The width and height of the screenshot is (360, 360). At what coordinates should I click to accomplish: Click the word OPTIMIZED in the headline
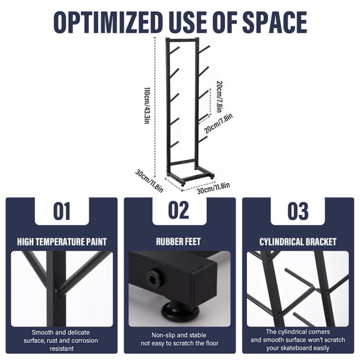tap(108, 22)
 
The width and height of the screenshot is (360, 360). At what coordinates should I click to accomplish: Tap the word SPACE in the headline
tap(275, 22)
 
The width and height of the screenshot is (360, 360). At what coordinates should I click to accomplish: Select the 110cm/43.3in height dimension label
tap(147, 106)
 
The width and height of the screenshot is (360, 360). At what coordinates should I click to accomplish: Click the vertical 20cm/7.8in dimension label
tap(219, 97)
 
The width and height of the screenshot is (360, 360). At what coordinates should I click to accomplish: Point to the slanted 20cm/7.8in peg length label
tap(218, 123)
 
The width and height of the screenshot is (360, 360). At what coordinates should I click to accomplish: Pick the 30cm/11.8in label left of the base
tap(149, 181)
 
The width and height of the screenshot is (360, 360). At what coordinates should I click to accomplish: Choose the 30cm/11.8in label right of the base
tap(213, 187)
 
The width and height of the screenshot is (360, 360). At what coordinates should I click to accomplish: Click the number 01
tap(62, 211)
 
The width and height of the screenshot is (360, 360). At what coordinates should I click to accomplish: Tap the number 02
tap(179, 210)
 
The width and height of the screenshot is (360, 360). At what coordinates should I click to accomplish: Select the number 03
tap(297, 211)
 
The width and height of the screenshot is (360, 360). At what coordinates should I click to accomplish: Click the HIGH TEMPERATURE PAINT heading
tap(62, 242)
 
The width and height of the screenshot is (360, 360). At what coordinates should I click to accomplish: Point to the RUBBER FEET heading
tap(178, 241)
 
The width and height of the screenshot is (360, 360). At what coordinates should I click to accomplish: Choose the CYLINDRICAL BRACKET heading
tap(297, 242)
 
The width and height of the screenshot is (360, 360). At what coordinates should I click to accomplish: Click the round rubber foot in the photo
tap(180, 311)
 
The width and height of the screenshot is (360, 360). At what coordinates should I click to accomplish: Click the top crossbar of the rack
tap(182, 41)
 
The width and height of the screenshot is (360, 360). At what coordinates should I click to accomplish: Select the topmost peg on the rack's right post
tap(204, 49)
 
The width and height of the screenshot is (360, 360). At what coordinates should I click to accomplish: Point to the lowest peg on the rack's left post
tap(174, 144)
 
